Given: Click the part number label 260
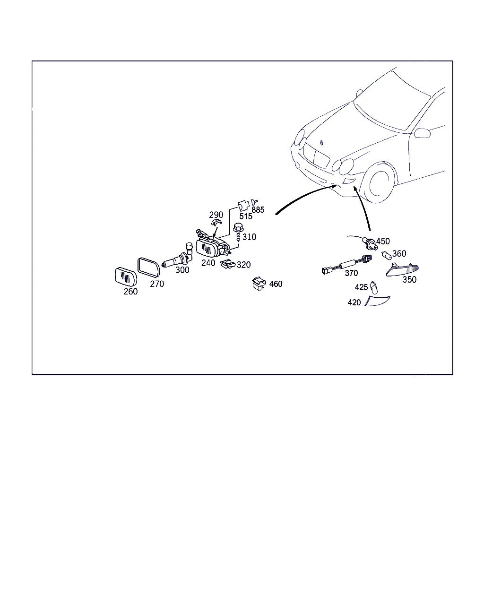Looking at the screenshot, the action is (130, 292).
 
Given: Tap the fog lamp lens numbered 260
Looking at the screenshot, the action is (126, 277).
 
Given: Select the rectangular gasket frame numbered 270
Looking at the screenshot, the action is (148, 267).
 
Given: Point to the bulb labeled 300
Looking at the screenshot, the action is (178, 256).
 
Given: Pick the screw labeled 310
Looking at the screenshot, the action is (238, 232).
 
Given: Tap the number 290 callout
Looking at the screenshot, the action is (216, 215).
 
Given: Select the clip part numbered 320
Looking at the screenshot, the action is (228, 264).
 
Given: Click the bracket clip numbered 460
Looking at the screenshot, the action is (259, 284).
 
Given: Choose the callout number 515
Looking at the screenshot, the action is (245, 216).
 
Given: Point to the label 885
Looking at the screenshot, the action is (258, 210).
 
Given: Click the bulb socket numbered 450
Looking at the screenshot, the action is (369, 243).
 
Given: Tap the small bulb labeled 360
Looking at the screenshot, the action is (386, 255).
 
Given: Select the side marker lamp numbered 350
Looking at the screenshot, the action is (402, 270).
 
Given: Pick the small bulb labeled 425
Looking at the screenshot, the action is (374, 287).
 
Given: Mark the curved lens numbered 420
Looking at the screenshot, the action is (377, 301).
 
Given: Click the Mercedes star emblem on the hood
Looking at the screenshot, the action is (322, 142).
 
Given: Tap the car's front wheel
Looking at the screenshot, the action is (379, 183).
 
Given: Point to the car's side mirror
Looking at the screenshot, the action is (423, 133).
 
